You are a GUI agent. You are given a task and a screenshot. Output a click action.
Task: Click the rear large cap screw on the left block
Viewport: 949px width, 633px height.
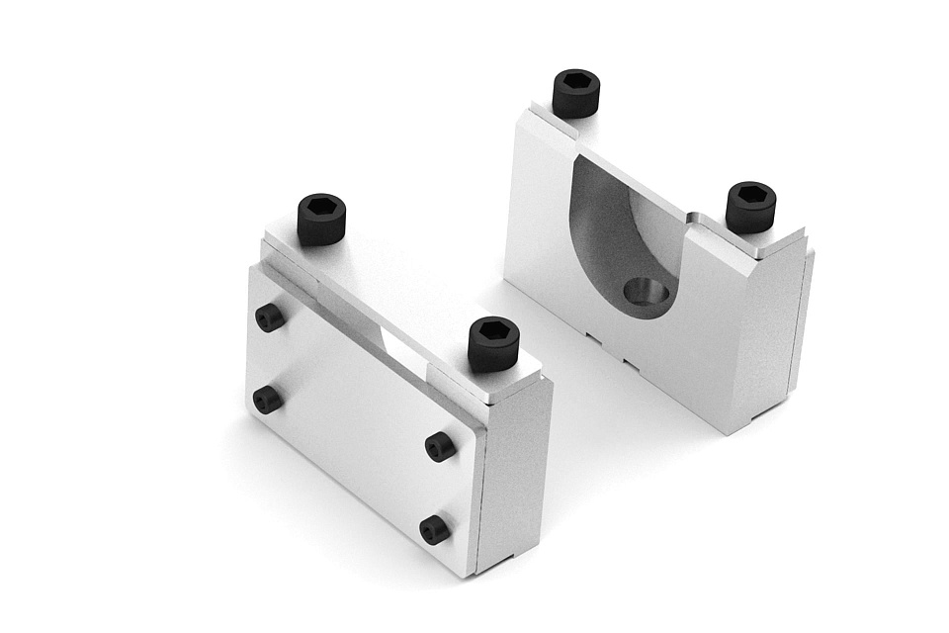click(x=321, y=220)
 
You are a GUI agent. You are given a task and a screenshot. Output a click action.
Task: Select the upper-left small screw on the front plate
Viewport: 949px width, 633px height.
click(x=269, y=317)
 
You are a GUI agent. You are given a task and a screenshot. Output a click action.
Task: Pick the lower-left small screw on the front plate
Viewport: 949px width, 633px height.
click(x=267, y=400)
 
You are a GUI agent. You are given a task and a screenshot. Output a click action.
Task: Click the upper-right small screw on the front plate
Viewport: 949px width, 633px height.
click(x=440, y=446)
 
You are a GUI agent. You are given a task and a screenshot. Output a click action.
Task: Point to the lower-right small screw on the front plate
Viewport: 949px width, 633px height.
click(x=434, y=529)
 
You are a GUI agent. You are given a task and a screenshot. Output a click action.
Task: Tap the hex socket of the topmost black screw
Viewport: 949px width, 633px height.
click(x=576, y=82)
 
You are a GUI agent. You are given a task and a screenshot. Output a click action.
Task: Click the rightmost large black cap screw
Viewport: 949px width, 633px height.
click(x=750, y=207)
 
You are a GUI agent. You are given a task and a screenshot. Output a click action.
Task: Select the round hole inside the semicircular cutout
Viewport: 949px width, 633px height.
click(x=647, y=293)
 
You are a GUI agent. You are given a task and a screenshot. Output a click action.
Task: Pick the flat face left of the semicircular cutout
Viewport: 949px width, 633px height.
click(x=539, y=208)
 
